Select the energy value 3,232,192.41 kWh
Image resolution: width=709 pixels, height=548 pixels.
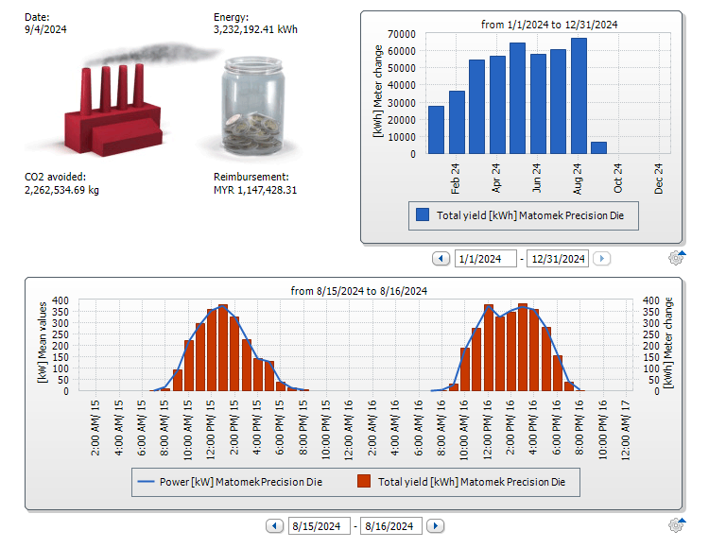click(x=255, y=29)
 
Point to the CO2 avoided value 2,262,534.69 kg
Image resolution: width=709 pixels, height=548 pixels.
click(x=61, y=190)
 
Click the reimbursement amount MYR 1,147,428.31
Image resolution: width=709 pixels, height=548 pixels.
click(x=255, y=190)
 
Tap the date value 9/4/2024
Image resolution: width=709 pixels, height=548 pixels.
click(x=45, y=29)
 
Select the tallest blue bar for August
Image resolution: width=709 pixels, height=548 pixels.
click(x=579, y=95)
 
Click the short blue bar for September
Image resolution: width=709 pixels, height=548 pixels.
click(x=598, y=147)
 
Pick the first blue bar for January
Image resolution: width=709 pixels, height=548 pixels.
click(x=436, y=129)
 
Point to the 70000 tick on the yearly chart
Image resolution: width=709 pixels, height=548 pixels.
click(x=401, y=33)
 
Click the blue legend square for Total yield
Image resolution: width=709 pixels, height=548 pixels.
click(x=423, y=215)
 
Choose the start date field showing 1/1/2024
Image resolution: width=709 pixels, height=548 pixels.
click(x=485, y=259)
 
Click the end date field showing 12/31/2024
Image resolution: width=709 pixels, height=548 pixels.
click(x=558, y=259)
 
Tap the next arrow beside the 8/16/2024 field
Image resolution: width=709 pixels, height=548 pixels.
click(x=436, y=526)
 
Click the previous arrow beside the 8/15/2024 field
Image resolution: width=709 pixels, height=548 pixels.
click(x=274, y=526)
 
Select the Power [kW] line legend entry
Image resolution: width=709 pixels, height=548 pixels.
click(x=231, y=482)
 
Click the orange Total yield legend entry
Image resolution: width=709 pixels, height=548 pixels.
click(x=462, y=482)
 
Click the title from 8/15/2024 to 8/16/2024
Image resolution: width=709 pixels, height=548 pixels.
click(x=359, y=291)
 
